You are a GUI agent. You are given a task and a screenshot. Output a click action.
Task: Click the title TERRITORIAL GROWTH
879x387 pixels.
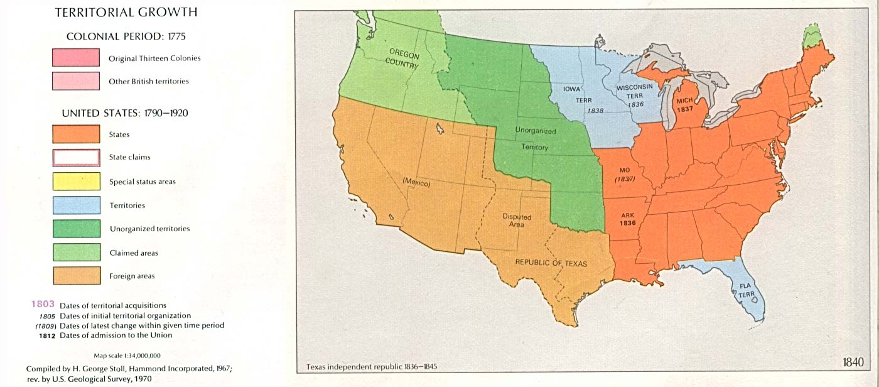(x=126, y=12)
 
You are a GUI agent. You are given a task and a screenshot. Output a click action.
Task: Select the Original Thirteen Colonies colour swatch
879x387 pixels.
(x=76, y=58)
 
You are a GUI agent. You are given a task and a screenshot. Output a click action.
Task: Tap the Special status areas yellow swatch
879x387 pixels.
(x=76, y=181)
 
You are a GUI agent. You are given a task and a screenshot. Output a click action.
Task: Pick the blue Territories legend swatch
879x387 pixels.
(x=76, y=205)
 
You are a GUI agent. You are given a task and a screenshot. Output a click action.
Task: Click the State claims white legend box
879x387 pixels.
(x=76, y=157)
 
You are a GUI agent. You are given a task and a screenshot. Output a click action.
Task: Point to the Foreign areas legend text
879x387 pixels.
(x=132, y=276)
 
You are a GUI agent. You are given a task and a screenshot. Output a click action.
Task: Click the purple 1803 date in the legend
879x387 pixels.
(x=43, y=305)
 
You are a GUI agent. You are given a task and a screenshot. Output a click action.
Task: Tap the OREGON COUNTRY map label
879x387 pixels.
(x=403, y=58)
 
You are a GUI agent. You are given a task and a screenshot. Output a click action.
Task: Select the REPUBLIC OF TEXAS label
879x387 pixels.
(x=551, y=263)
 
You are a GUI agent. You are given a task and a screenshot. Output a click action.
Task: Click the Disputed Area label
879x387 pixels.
(x=517, y=221)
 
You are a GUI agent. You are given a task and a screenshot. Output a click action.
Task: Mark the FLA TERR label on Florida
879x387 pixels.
(x=745, y=289)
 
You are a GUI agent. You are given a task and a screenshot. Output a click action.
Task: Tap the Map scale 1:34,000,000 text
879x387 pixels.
(x=127, y=356)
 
